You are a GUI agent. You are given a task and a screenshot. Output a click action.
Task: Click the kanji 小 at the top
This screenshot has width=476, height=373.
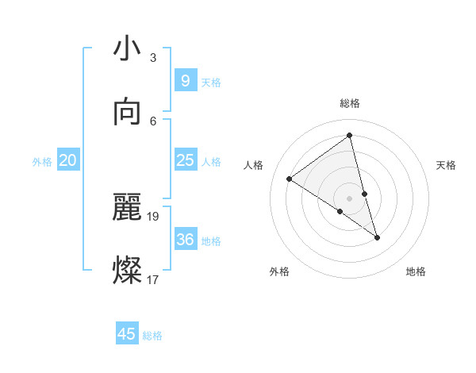point(127,49)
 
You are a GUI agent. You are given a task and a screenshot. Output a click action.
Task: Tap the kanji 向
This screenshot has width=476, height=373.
point(127,112)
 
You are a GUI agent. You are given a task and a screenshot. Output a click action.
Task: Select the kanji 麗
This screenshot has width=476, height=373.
point(127,207)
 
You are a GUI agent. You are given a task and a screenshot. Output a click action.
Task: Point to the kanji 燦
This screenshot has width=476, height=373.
point(127,270)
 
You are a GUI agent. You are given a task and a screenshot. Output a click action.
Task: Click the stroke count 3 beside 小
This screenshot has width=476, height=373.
point(153,57)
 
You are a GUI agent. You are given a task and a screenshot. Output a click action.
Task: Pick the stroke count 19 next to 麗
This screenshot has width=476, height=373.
point(153,216)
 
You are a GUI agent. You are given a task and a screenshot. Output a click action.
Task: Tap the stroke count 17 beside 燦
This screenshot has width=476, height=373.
point(153,279)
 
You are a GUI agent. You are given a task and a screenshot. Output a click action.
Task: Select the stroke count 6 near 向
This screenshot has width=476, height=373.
point(153,121)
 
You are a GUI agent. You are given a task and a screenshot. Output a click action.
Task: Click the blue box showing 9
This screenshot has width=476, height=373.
point(185,81)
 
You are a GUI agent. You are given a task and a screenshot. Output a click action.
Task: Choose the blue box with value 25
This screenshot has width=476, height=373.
point(185,160)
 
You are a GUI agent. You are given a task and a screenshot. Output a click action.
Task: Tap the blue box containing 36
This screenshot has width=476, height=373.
point(185,239)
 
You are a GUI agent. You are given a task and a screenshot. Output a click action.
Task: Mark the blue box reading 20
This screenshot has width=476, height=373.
point(68,160)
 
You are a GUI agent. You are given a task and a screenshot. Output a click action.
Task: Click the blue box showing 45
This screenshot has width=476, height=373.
point(127,334)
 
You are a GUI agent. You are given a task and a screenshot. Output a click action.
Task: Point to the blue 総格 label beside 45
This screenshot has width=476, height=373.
point(152,336)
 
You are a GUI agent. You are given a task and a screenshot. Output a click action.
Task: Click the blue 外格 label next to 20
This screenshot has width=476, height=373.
point(42,162)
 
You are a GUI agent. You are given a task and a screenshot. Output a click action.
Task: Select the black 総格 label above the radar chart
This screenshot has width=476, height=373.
point(350,103)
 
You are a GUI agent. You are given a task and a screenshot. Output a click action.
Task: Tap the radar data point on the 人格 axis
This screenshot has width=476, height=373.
point(290,179)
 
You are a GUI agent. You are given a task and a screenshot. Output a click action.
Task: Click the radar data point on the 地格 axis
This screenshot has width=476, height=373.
point(378,237)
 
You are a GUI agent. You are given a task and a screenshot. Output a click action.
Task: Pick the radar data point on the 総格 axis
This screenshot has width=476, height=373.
point(350,136)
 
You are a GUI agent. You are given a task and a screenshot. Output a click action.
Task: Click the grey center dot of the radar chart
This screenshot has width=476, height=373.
point(350,198)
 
